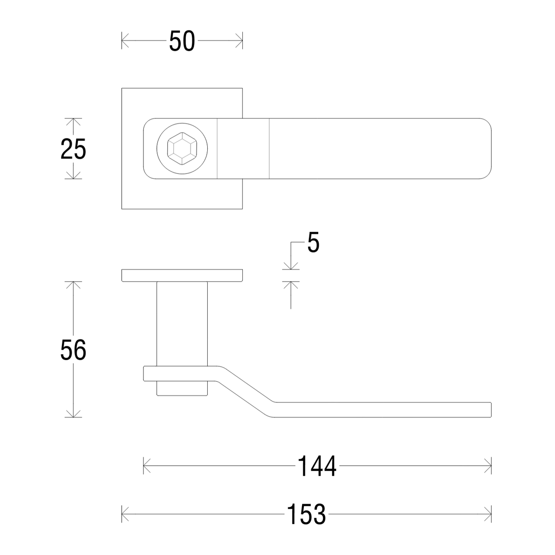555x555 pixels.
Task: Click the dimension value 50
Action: tap(182, 41)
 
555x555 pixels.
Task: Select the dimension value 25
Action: tap(73, 149)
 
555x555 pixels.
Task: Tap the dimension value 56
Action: tap(73, 350)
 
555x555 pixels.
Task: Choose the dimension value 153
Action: tap(306, 514)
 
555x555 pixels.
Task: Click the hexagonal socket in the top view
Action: tap(182, 149)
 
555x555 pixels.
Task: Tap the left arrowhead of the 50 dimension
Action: tap(123, 41)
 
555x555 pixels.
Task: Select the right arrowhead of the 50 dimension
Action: tap(240, 41)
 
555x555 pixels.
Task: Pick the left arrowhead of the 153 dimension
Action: tap(123, 514)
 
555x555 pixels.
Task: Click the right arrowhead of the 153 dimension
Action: tap(488, 514)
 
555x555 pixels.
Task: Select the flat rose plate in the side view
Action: tap(182, 275)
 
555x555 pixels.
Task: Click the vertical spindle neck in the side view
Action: tap(182, 324)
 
